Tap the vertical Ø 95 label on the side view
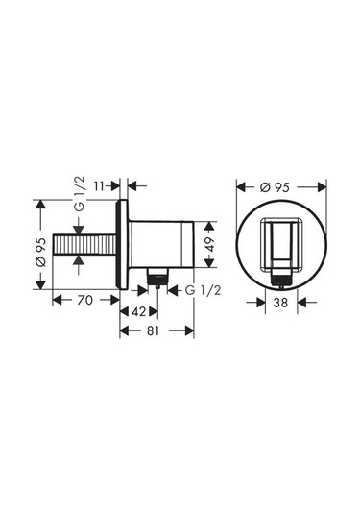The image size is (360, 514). click(39, 248)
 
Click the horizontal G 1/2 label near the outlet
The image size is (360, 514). click(199, 290)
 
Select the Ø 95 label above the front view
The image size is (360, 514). click(277, 185)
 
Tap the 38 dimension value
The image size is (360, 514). click(278, 301)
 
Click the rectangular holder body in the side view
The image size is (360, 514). click(163, 245)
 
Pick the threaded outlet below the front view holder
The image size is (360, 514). click(278, 279)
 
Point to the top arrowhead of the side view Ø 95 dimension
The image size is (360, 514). click(39, 204)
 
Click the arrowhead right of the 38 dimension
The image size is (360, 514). click(300, 301)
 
